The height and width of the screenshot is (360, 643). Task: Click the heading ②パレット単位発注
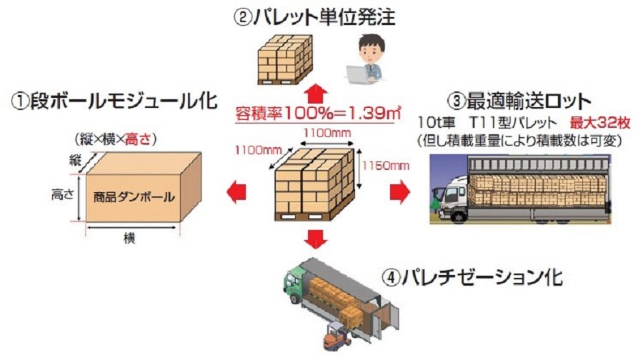tap(314, 17)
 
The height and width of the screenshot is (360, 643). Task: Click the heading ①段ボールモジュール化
tap(114, 101)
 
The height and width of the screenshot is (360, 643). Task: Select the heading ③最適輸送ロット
tap(519, 101)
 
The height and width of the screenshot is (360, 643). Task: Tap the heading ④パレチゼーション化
tap(472, 278)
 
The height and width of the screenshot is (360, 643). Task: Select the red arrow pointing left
tap(236, 192)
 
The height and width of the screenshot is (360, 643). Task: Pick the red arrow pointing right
tap(400, 191)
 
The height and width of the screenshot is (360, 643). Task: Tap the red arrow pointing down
tap(316, 239)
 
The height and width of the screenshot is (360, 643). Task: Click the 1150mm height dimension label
tap(386, 166)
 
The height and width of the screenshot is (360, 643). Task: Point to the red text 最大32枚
tap(599, 123)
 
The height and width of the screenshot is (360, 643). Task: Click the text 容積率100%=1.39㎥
tap(318, 113)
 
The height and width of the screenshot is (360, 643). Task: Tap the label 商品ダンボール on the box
tap(134, 198)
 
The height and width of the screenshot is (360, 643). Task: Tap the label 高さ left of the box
tap(62, 195)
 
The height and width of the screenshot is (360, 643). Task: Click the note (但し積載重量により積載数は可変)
tap(519, 141)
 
